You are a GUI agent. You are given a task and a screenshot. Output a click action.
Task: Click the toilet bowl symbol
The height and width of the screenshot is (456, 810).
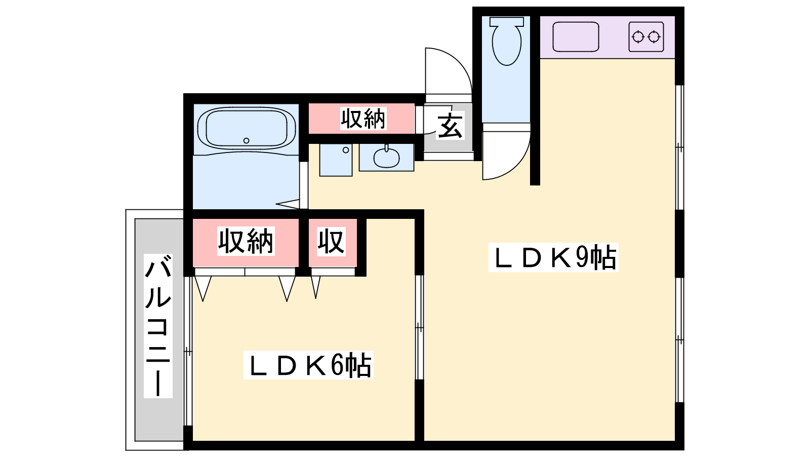pos(507,45)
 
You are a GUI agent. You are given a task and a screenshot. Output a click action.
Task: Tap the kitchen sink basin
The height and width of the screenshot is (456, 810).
pos(576,36)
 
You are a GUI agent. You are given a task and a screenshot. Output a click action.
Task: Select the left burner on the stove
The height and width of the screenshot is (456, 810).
pos(638,37)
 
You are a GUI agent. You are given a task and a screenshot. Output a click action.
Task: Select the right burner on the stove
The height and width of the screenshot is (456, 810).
pos(654,37)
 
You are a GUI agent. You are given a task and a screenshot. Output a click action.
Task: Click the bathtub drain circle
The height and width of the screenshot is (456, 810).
pos(246,140)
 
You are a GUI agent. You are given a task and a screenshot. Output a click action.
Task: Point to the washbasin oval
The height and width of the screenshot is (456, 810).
pos(387,158)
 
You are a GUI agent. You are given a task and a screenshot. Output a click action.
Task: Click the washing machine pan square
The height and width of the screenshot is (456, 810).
pos(336,160)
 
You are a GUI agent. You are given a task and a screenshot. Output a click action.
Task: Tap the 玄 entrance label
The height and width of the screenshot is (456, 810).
pos(450,126)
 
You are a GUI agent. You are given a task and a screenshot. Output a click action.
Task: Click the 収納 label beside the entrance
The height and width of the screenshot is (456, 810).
pos(363,119)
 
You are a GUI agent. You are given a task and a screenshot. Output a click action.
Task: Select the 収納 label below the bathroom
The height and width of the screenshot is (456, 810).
pos(246,241)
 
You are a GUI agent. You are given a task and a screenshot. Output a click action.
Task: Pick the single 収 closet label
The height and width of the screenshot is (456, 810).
pos(331,241)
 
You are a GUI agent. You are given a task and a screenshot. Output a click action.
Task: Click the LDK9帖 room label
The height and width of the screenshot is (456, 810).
pos(554,257)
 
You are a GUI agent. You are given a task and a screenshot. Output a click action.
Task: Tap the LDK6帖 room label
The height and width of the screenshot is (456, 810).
pos(308,365)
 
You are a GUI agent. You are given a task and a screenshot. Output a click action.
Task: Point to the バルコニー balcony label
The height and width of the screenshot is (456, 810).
pos(158,326)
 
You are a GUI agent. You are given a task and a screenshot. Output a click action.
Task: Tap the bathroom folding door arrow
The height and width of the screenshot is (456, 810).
pos(288,204)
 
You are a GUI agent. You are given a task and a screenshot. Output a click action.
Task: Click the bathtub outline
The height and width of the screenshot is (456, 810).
pos(247,129)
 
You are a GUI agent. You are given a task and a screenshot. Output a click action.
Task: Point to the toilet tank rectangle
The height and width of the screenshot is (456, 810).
pos(507,21)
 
